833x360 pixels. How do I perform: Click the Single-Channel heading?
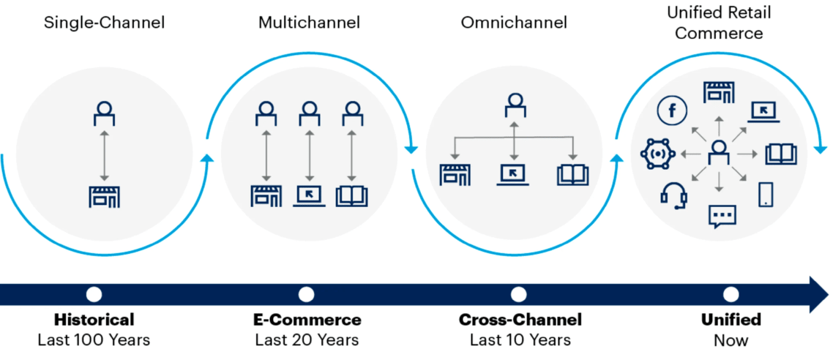tap(104, 23)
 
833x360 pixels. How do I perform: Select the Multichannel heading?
tap(309, 23)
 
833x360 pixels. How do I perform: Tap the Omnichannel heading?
tap(514, 23)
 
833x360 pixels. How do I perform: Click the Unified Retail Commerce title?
tap(719, 23)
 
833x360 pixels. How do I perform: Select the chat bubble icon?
tap(722, 216)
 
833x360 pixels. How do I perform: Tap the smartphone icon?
tap(766, 194)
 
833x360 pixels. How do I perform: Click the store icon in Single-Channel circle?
tap(104, 197)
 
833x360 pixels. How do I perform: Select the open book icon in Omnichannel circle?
tap(572, 175)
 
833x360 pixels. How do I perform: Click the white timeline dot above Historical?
tap(94, 294)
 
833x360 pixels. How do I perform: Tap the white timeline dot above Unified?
tap(731, 294)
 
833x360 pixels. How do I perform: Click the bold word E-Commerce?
tap(307, 320)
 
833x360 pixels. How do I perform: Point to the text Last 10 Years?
tap(520, 340)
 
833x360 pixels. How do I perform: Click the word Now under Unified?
tap(731, 340)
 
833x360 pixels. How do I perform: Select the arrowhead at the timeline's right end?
tap(817, 294)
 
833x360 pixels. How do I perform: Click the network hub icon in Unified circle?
tap(654, 154)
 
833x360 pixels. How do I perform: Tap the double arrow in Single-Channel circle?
tap(104, 155)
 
